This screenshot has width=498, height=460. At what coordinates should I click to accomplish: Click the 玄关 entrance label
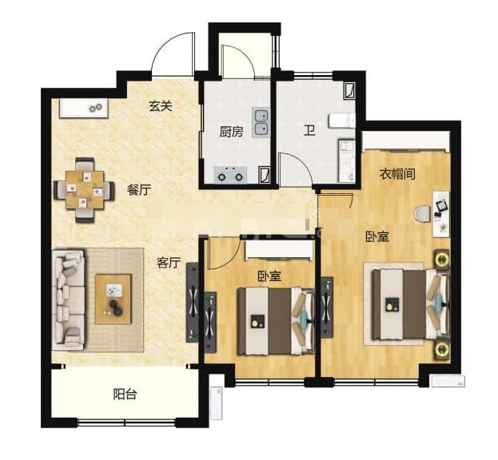coord(161,106)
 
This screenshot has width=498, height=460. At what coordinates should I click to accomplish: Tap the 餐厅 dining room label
coord(139,190)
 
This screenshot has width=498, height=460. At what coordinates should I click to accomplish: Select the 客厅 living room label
coord(169,263)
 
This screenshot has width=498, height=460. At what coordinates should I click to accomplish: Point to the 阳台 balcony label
coord(125,395)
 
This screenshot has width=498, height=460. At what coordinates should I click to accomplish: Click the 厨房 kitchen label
coord(231,131)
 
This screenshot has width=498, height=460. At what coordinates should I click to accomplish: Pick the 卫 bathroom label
coord(309,130)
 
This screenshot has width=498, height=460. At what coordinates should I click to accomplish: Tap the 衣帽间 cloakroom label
coord(397,174)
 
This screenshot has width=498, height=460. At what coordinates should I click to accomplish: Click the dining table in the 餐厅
coord(85,190)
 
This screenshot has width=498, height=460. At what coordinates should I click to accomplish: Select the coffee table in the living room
coord(114,299)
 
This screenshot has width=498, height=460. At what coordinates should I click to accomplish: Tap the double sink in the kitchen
coord(261,122)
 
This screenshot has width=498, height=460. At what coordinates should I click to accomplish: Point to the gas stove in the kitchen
coord(230,175)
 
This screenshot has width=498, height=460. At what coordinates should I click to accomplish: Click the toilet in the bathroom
coord(342,121)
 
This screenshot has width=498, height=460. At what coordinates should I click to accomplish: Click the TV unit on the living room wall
coord(193,303)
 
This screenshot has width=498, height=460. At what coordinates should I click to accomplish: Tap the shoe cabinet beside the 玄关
coord(84,108)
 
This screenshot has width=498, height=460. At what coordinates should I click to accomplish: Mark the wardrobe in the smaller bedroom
coord(278,250)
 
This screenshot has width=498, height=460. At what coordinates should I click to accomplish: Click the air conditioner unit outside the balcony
coord(217,402)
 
